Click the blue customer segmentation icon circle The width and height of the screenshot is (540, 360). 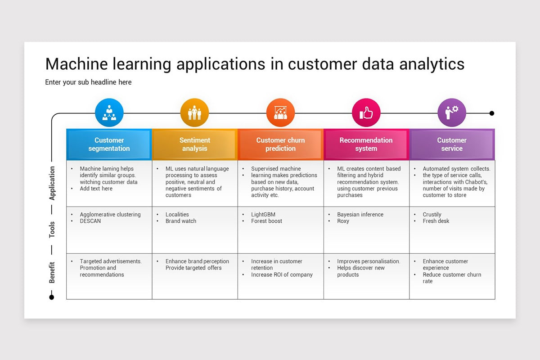click(x=109, y=112)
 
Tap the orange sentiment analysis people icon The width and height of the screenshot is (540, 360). click(x=194, y=112)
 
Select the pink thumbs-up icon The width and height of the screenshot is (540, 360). click(x=366, y=112)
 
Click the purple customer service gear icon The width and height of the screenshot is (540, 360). click(x=452, y=112)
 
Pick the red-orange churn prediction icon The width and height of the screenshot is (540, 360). click(x=280, y=112)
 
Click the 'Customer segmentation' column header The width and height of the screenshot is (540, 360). click(x=109, y=144)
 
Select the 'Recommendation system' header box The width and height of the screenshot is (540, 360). click(x=366, y=144)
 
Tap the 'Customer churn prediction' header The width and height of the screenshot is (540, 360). click(x=280, y=144)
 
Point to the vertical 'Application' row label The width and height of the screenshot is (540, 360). click(x=52, y=183)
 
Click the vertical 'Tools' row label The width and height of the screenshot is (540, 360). click(x=52, y=229)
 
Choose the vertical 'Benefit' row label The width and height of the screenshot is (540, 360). click(x=52, y=272)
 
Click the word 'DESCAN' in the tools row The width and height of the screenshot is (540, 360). click(x=90, y=221)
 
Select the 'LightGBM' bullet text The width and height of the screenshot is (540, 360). click(x=263, y=215)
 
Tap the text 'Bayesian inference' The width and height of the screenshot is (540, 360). click(x=360, y=215)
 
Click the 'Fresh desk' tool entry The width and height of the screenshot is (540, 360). click(x=436, y=221)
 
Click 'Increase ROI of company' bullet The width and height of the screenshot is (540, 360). click(x=282, y=274)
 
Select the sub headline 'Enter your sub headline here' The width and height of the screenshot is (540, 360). click(x=88, y=82)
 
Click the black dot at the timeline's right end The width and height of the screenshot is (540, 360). click(x=492, y=113)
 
